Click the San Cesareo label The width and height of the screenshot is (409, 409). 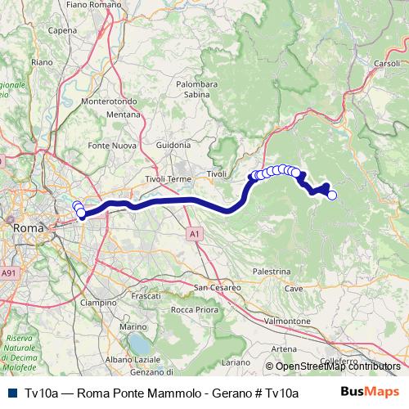217,287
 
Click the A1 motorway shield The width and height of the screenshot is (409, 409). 194,234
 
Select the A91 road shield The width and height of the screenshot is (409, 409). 8,273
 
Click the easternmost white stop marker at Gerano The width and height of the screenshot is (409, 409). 332,195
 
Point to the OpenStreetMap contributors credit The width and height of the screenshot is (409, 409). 335,366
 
